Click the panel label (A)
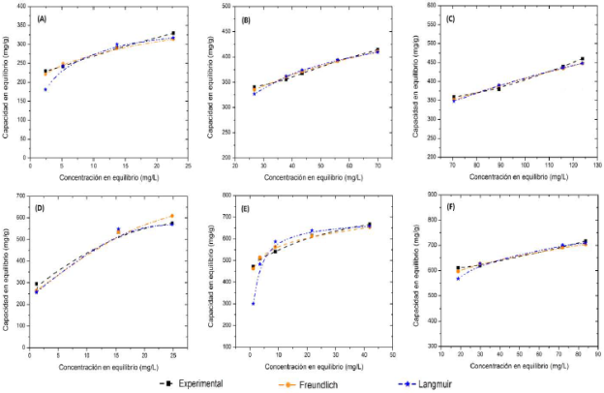(42, 19)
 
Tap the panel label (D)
(42, 206)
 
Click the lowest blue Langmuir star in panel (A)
(45, 89)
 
